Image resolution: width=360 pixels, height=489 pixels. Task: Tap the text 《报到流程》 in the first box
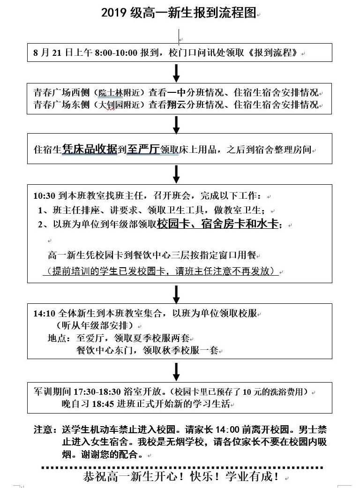click(x=273, y=53)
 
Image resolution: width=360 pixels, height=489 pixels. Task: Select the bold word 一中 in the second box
click(x=177, y=92)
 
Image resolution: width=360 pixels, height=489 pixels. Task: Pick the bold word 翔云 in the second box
click(x=177, y=104)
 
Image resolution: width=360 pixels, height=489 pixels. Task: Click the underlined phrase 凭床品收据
click(x=90, y=150)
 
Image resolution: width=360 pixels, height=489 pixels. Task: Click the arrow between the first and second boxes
click(x=177, y=73)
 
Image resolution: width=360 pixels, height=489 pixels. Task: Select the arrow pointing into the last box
click(x=177, y=371)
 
